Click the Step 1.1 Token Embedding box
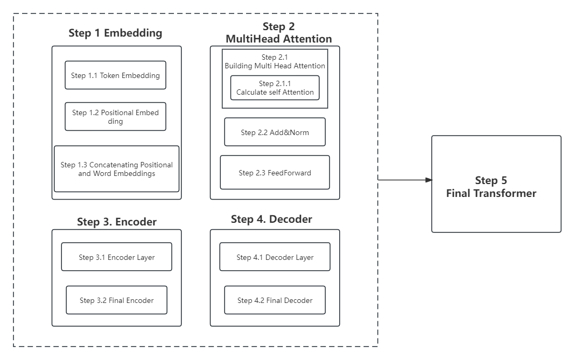115,75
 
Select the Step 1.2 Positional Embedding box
115,117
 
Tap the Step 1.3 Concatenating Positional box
116,169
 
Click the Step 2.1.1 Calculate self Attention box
275,88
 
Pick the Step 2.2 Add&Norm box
275,132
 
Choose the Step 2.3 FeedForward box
275,173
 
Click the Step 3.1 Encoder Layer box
116,257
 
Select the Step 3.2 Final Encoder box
116,300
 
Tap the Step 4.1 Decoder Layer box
275,257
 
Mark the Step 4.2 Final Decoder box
275,300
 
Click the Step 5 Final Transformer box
496,184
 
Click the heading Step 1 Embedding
115,33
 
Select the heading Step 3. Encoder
116,222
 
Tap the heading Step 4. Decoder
271,219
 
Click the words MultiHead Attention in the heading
278,39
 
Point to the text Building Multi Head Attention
275,66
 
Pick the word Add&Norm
291,132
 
